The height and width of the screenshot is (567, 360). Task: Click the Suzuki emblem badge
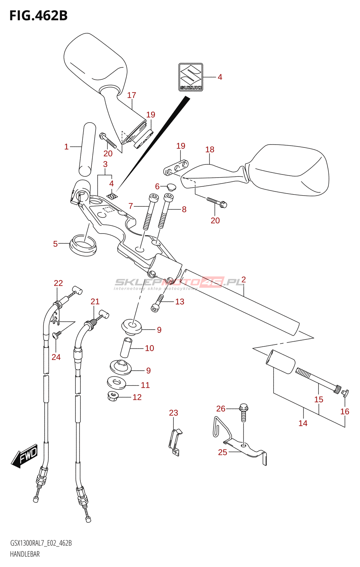pos(191,77)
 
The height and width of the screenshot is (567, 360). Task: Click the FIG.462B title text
pos(38,16)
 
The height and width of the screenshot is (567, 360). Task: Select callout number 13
pos(180,302)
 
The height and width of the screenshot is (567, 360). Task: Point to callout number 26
pos(221,409)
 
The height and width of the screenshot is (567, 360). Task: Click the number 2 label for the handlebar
pos(243,279)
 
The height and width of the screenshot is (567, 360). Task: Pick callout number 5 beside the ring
pos(55,244)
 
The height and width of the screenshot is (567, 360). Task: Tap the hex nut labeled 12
pos(113,395)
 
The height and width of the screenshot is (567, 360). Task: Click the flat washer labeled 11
pos(116,383)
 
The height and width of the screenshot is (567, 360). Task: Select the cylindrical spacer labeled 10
pos(126,348)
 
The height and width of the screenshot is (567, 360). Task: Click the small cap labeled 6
pos(171,186)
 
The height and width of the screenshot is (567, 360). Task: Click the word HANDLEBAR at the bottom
pos(25,554)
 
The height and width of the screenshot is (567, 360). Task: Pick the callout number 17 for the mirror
pos(131,95)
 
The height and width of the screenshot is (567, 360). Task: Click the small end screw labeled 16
pos(345,392)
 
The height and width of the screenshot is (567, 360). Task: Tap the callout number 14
pos(303,423)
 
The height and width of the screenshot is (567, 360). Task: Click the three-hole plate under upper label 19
pos(176,168)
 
